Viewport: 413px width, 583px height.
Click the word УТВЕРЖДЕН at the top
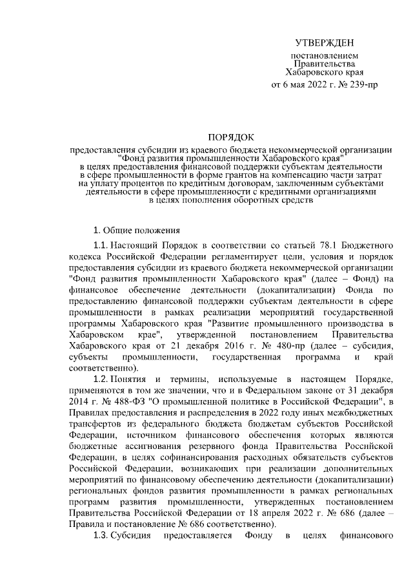pyautogui.click(x=324, y=43)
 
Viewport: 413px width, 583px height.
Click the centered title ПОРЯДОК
pyautogui.click(x=231, y=137)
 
